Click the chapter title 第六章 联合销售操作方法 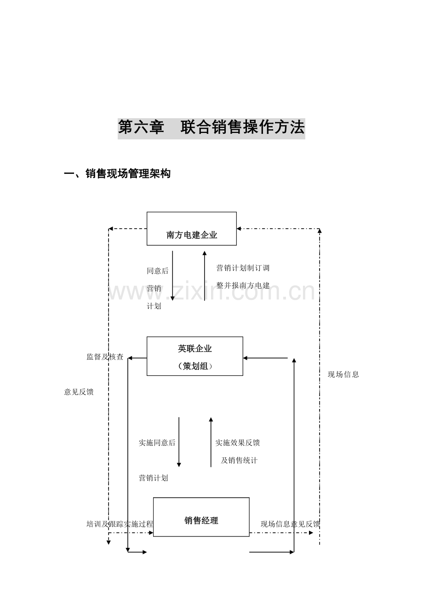[211, 128]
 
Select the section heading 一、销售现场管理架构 [117, 174]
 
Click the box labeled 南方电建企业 [192, 229]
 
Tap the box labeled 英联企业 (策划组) [195, 356]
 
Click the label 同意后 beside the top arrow [158, 271]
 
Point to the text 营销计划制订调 [243, 268]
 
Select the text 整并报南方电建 [243, 285]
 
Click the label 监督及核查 [105, 357]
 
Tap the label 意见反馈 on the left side [79, 392]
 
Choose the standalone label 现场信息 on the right [343, 374]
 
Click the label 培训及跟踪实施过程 [120, 524]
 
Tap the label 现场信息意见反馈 [291, 524]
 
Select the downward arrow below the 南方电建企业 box [172, 276]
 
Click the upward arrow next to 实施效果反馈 [211, 442]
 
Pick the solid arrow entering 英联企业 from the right [265, 358]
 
